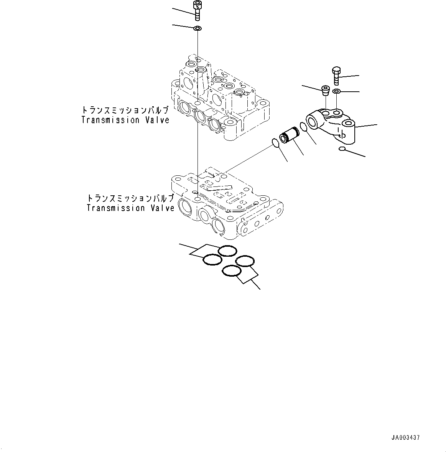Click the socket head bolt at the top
197,10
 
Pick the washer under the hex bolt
336,91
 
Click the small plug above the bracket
325,90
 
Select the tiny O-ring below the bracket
342,148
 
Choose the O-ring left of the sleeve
275,142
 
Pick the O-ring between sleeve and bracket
303,127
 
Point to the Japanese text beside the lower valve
130,198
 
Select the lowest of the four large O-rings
232,271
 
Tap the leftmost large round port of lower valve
188,209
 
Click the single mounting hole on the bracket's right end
349,124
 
